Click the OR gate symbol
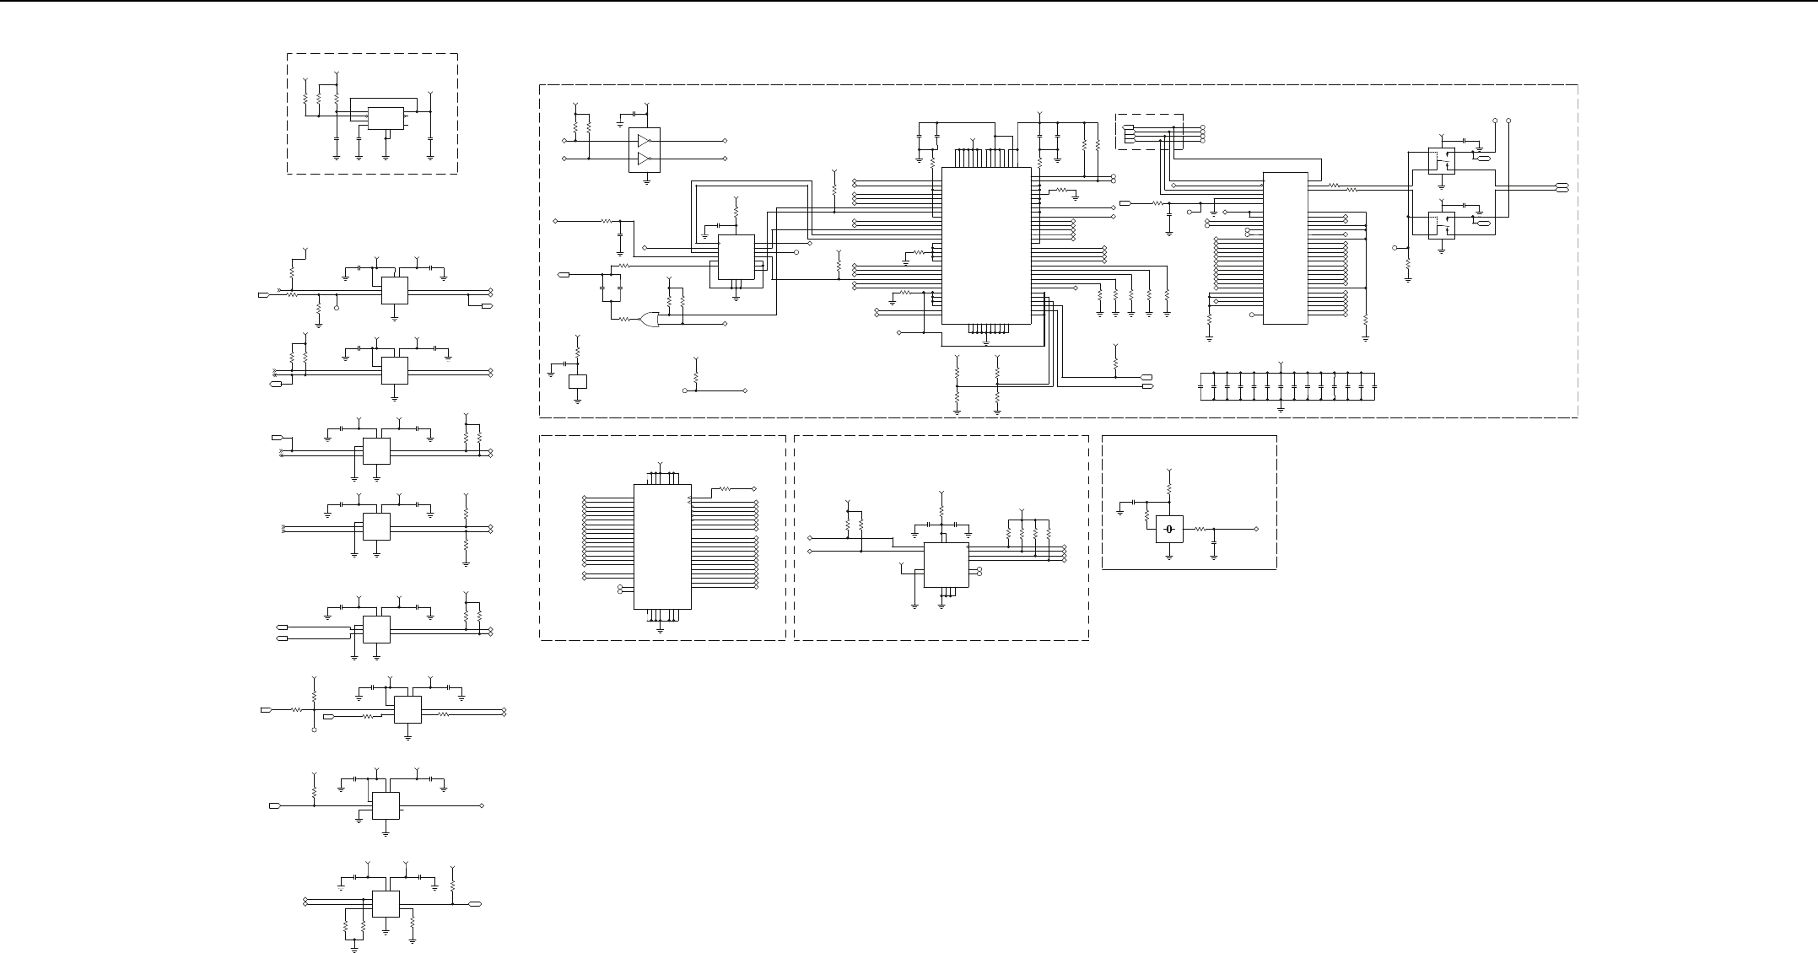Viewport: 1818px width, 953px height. pos(650,320)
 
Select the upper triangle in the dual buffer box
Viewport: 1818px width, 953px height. pos(645,140)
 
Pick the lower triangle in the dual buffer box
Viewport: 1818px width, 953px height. pos(645,159)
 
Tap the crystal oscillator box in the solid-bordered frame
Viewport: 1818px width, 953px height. pos(1169,529)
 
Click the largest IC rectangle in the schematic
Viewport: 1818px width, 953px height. pos(986,245)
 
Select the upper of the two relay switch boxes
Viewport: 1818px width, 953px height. pos(1441,160)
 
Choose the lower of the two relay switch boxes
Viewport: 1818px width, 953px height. pos(1441,225)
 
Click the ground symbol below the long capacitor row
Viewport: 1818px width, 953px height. pos(1281,408)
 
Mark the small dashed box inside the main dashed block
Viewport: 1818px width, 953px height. pos(1149,132)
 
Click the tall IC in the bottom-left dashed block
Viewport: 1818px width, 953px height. pos(662,546)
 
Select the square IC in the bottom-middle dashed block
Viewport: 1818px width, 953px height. pos(946,565)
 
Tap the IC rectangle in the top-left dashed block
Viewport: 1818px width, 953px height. pos(386,118)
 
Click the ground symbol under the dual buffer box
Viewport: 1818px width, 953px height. pos(647,180)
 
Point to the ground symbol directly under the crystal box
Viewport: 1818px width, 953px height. pos(1169,556)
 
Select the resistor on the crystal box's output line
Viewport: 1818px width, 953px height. pos(1198,529)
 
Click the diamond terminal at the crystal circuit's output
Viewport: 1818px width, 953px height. pos(1257,529)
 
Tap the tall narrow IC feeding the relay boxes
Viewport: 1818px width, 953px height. pos(1285,248)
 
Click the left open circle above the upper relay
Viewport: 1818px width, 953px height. pos(1495,121)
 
